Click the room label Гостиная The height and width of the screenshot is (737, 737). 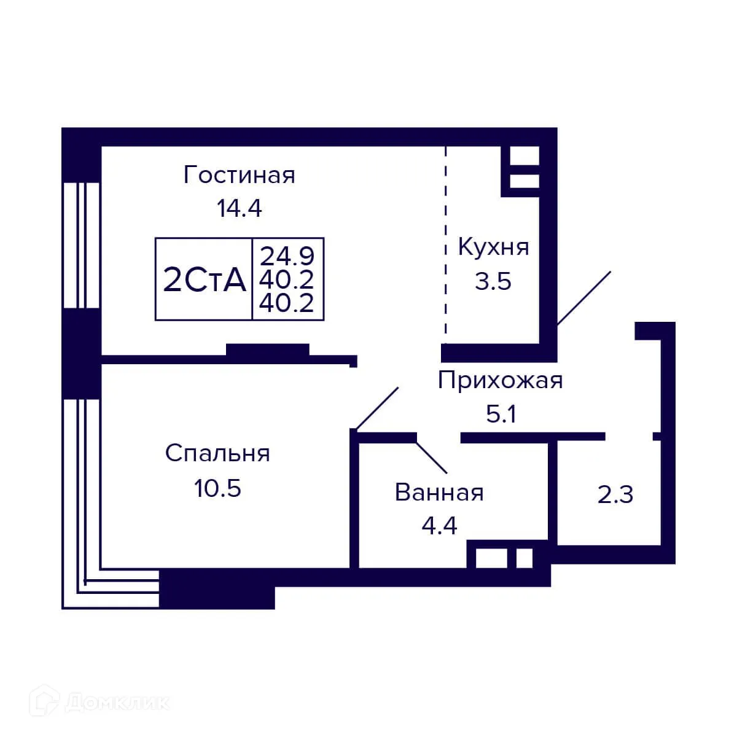point(239,176)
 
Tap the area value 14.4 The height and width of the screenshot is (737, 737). point(239,209)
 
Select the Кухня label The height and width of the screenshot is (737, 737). point(493,248)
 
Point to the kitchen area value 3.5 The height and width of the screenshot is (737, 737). point(493,281)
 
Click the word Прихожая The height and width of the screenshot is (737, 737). point(500,381)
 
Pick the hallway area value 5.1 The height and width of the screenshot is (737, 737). point(501,415)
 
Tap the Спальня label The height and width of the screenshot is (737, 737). point(217,454)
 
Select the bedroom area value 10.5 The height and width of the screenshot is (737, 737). point(217,489)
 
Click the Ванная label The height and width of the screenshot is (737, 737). point(439,493)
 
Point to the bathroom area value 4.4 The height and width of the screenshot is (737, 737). point(439,526)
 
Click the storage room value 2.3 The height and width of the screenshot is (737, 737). point(615,494)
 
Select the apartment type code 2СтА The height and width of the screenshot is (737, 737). point(205,281)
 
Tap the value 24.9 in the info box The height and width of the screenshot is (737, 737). point(287,255)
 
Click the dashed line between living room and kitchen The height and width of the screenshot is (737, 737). point(446,246)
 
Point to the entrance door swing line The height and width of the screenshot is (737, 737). point(583,298)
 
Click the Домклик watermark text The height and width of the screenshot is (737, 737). point(117,702)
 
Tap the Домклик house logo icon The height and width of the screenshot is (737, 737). point(47,701)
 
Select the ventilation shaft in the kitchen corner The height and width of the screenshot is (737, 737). point(524,168)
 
